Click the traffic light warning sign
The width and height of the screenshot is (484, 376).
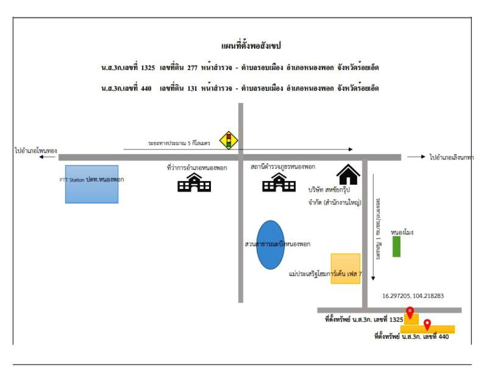pos(229,140)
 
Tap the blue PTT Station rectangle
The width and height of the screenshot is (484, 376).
pos(92,184)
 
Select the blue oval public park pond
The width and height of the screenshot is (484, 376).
pos(270,244)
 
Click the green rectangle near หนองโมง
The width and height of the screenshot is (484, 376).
pos(396,246)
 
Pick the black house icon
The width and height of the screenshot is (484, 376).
pos(348,174)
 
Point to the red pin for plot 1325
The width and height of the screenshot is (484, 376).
pos(410,312)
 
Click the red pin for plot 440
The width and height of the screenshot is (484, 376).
pos(427,324)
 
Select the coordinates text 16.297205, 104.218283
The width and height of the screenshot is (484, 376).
pos(413,296)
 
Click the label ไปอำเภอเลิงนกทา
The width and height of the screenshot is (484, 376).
pos(452,157)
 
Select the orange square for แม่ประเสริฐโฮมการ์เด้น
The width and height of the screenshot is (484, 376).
pos(345,268)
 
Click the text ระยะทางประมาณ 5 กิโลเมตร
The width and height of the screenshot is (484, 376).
pos(179,142)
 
